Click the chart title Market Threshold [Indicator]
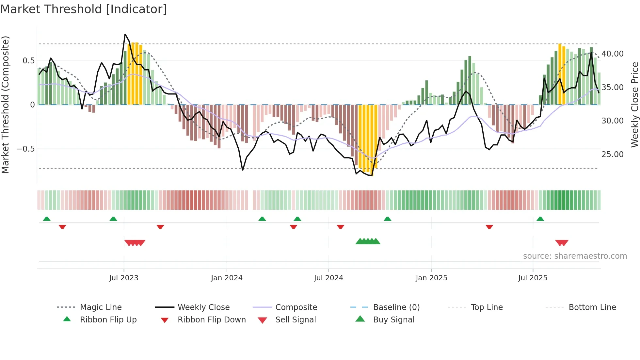(84, 9)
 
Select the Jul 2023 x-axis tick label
(124, 278)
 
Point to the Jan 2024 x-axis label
(227, 278)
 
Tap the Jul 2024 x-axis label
(328, 278)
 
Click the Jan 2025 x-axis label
(431, 278)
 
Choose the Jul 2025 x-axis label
(533, 278)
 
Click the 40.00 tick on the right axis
(612, 54)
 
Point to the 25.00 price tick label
(612, 155)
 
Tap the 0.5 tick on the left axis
(28, 61)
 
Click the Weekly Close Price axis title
(634, 105)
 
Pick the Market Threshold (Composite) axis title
(5, 105)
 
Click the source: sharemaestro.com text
(575, 256)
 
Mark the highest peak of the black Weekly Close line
(125, 34)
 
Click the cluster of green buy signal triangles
(368, 241)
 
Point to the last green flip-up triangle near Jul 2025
(540, 219)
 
